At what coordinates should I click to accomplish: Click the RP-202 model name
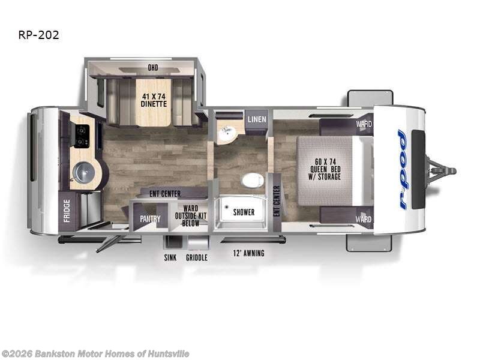point(39,35)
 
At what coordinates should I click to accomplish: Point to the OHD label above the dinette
point(153,68)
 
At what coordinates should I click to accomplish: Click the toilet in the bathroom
point(253,180)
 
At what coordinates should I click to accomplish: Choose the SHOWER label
point(244,212)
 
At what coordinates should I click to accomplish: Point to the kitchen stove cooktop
point(82,136)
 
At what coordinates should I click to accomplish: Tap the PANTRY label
point(150,219)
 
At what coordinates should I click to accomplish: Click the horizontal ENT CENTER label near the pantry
point(165,194)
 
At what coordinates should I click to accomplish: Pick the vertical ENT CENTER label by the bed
point(277,201)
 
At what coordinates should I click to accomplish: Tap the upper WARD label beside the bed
point(363,125)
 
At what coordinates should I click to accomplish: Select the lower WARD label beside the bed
point(363,219)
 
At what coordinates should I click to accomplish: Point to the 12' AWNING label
point(248,253)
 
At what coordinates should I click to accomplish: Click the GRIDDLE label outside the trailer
point(196,257)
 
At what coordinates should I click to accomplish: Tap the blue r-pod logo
point(403,170)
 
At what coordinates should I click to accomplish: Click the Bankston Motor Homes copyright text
point(95,354)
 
